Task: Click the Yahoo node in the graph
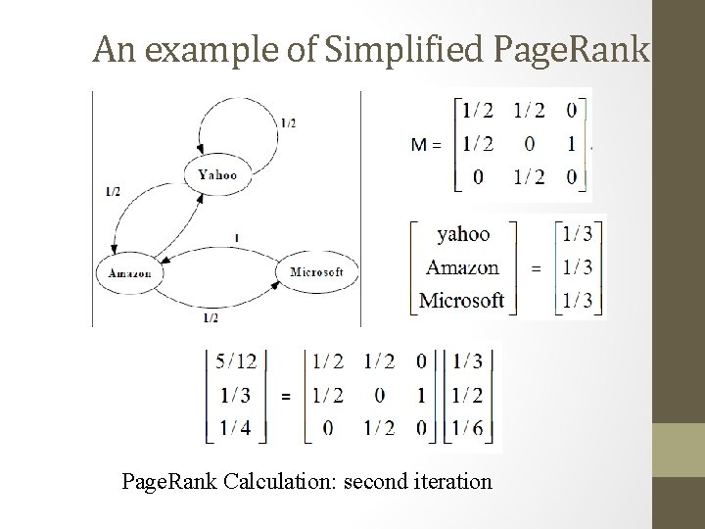pyautogui.click(x=216, y=174)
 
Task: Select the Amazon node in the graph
pyautogui.click(x=129, y=273)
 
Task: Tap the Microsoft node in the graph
pyautogui.click(x=316, y=272)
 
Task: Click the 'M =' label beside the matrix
pyautogui.click(x=426, y=145)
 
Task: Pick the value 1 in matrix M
pyautogui.click(x=571, y=144)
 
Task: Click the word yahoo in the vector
pyautogui.click(x=463, y=233)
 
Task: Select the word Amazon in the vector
pyautogui.click(x=462, y=266)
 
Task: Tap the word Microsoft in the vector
pyautogui.click(x=461, y=300)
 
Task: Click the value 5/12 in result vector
pyautogui.click(x=235, y=361)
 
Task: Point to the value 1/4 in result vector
pyautogui.click(x=235, y=427)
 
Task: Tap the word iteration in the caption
pyautogui.click(x=455, y=481)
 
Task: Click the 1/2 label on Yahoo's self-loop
pyautogui.click(x=288, y=123)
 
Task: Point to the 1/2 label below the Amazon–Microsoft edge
pyautogui.click(x=210, y=318)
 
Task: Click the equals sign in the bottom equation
pyautogui.click(x=285, y=396)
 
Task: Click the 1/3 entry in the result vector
pyautogui.click(x=235, y=395)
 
